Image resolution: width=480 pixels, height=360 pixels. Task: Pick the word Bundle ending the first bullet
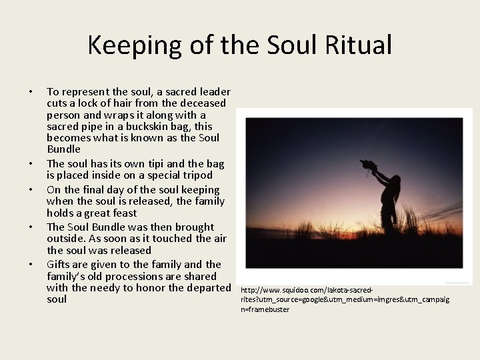click(x=63, y=149)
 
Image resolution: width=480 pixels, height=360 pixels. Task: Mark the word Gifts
click(x=59, y=264)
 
